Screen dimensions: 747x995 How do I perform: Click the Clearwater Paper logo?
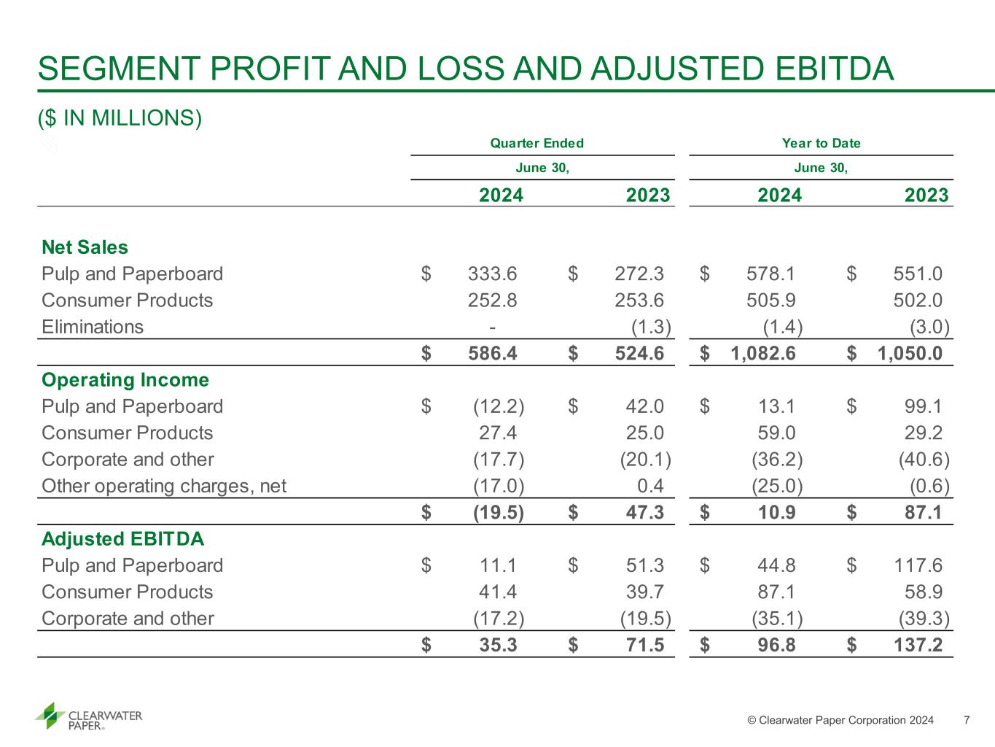(x=88, y=716)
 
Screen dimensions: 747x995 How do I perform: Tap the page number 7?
(x=967, y=721)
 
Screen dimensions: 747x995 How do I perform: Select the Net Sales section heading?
(x=85, y=247)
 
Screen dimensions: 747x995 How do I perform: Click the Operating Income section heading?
(x=125, y=380)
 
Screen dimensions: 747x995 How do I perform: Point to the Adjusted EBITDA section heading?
(x=122, y=539)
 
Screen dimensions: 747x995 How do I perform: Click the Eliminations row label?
(x=93, y=327)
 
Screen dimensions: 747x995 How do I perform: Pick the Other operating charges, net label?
(x=164, y=486)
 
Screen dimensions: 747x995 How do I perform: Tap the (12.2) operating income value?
(x=499, y=407)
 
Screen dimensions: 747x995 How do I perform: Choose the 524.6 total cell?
(x=639, y=354)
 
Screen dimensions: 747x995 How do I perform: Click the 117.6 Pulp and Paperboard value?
(x=918, y=566)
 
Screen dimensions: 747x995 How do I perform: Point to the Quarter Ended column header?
(x=536, y=144)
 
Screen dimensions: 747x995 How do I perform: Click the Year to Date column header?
(x=821, y=144)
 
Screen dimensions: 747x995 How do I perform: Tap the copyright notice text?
(x=840, y=721)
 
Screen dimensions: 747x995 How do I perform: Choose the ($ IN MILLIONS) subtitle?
(x=120, y=118)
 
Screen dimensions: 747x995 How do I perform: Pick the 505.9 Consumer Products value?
(x=771, y=301)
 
